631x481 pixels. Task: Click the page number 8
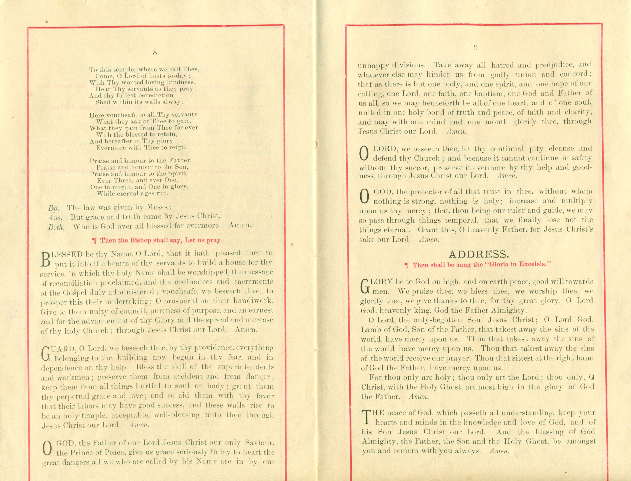coord(155,52)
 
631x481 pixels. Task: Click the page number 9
coord(475,48)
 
